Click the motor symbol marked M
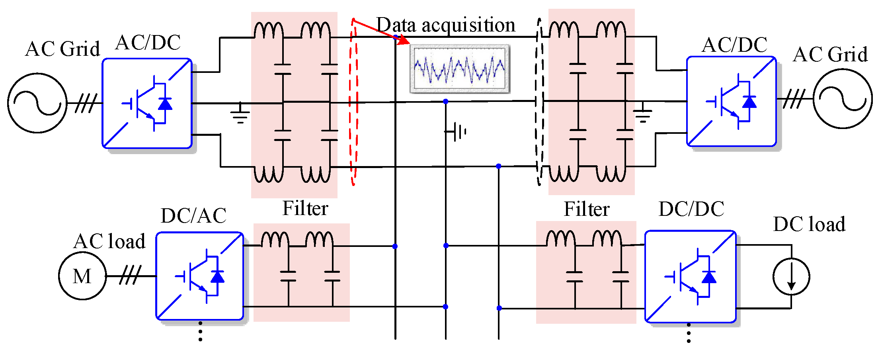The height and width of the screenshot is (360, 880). (x=82, y=276)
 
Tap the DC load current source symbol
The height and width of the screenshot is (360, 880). (x=791, y=276)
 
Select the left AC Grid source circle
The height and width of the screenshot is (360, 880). (x=37, y=103)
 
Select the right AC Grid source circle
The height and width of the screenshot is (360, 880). (x=843, y=99)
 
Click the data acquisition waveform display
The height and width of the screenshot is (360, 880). (x=460, y=69)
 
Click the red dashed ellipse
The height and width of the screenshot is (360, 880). (x=353, y=102)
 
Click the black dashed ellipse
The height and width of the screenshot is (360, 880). (x=539, y=102)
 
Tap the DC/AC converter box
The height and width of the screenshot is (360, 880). (x=199, y=276)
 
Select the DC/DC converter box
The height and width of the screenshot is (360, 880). (x=690, y=276)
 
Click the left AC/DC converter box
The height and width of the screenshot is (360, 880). (x=147, y=104)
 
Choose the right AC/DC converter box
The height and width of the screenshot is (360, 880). (x=731, y=102)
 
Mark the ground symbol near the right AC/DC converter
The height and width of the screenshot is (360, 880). (x=643, y=113)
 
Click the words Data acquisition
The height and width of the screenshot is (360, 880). (x=446, y=25)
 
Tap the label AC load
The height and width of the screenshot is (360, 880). (x=109, y=241)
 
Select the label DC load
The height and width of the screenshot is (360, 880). (x=809, y=224)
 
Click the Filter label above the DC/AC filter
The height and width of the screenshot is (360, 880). (x=305, y=208)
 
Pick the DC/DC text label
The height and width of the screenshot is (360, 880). (x=691, y=209)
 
